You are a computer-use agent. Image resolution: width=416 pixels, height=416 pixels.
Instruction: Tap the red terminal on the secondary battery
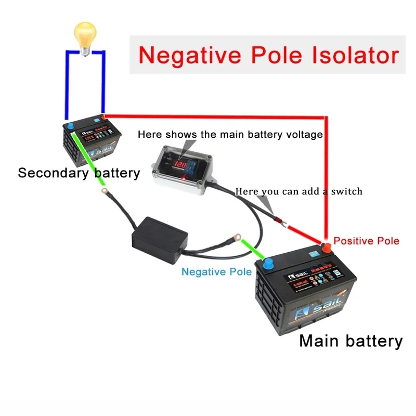[103, 117]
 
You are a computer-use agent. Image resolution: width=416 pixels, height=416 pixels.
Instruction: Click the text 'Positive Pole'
[366, 241]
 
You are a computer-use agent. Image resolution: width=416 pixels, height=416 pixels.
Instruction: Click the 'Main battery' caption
[350, 341]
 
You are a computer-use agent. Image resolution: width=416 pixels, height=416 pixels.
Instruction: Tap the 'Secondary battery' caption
[79, 173]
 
